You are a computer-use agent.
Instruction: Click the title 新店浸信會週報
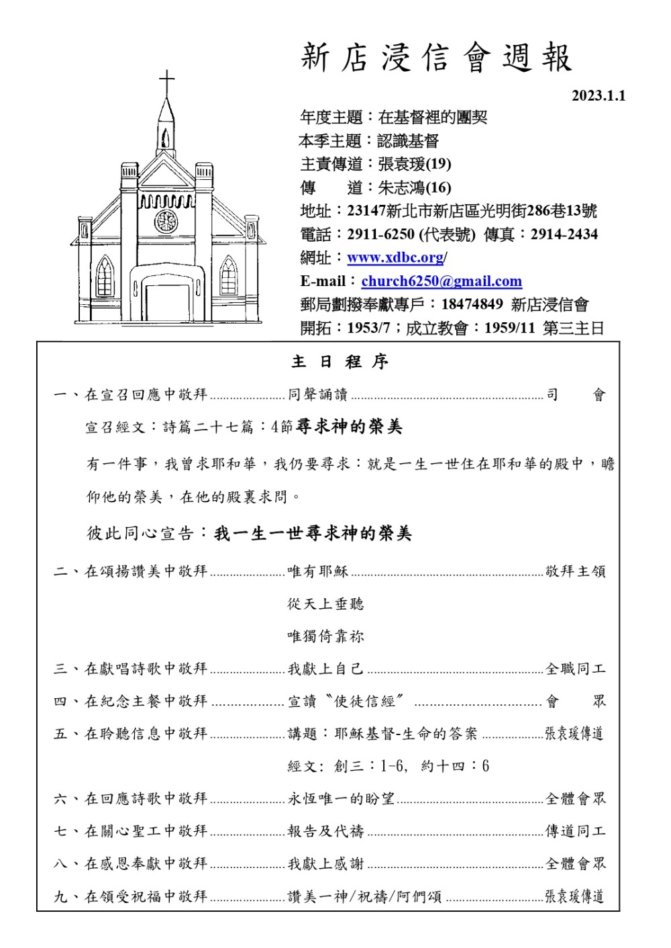tap(436, 58)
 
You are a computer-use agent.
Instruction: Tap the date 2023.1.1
tap(598, 96)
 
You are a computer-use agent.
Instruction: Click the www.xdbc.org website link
tap(395, 258)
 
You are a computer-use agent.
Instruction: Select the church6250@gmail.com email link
tap(441, 281)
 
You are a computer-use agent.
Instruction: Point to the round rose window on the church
tap(166, 221)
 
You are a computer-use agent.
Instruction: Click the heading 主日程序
tap(340, 362)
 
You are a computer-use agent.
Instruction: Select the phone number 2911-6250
tap(380, 234)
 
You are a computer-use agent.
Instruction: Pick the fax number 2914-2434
tap(564, 234)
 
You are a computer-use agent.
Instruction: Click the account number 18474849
tap(472, 304)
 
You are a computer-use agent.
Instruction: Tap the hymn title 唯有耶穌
tap(318, 571)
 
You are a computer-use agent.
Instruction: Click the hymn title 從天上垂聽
tap(325, 604)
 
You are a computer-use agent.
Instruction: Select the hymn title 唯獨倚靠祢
tap(325, 636)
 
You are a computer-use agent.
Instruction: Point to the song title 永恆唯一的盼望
tap(341, 799)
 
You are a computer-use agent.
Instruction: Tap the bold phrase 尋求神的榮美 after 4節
tap(349, 427)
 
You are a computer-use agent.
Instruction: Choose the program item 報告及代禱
tap(325, 831)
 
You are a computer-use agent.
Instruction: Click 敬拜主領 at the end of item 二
tap(575, 571)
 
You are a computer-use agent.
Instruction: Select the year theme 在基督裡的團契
tap(433, 117)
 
